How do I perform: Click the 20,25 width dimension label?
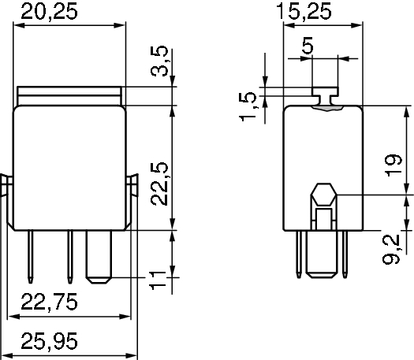pos(49,12)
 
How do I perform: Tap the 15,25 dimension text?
pos(304,11)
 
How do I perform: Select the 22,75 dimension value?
pos(49,302)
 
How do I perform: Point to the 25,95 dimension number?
pos(49,341)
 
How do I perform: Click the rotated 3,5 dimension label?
pos(159,61)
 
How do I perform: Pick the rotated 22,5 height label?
pos(159,184)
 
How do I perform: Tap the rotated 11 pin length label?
pos(158,280)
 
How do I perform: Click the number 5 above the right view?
pos(308,46)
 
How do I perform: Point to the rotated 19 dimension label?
pos(393,165)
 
